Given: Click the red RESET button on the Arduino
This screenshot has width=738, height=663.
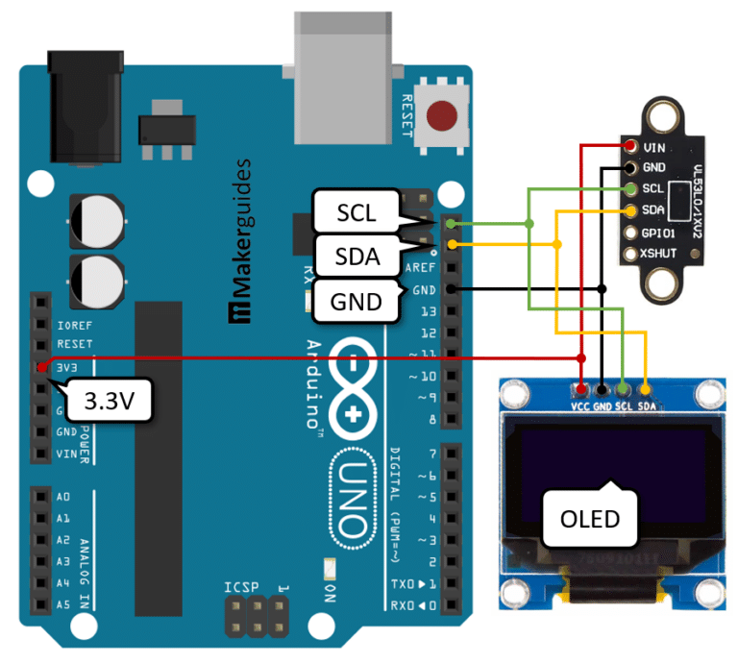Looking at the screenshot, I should [442, 115].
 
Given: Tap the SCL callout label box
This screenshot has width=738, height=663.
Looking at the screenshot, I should [356, 210].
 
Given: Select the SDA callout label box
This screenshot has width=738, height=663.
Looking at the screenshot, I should [356, 256].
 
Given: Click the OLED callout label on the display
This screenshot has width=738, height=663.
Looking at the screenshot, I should [590, 519].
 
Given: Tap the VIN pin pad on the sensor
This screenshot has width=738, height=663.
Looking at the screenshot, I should [630, 147].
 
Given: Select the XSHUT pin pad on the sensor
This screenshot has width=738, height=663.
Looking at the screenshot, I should [630, 255].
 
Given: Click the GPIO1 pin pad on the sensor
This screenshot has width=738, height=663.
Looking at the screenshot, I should [630, 233].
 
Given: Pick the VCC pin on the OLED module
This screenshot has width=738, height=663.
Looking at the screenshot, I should [580, 389].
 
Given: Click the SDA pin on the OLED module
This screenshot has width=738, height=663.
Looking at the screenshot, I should [646, 389].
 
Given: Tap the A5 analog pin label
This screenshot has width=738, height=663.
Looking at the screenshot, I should [63, 604].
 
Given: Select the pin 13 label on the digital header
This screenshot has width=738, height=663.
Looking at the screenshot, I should [427, 311].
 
